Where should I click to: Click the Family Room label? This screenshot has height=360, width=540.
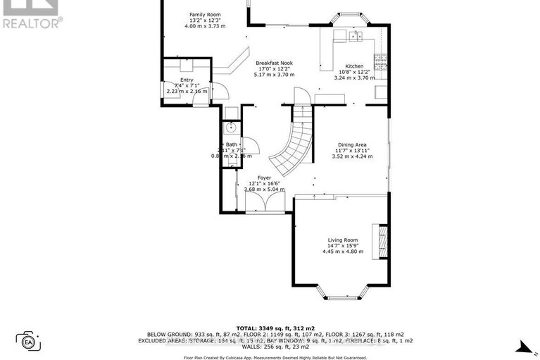(205, 14)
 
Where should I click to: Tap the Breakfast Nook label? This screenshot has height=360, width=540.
(274, 62)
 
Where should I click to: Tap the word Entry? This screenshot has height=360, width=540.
(186, 80)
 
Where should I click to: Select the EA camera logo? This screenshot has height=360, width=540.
(29, 342)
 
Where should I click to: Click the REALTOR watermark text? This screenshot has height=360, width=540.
(32, 22)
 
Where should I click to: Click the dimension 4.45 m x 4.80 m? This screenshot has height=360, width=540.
(343, 252)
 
